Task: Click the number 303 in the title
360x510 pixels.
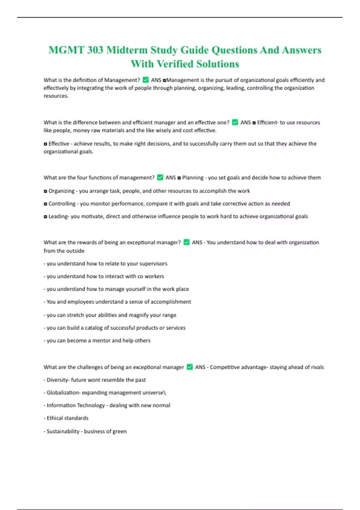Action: click(95, 50)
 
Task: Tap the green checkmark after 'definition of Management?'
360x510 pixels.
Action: click(145, 80)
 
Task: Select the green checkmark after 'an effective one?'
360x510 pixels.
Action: click(235, 122)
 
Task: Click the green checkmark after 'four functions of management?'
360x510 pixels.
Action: click(160, 177)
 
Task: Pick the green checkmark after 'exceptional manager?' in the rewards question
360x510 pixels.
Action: click(186, 242)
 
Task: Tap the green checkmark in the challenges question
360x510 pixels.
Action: click(190, 367)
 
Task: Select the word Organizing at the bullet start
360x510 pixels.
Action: click(61, 191)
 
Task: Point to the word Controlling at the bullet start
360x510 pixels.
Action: click(62, 204)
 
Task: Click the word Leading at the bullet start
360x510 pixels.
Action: click(58, 216)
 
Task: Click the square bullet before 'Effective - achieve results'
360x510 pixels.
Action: click(45, 144)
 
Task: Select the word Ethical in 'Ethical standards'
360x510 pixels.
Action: click(55, 418)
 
